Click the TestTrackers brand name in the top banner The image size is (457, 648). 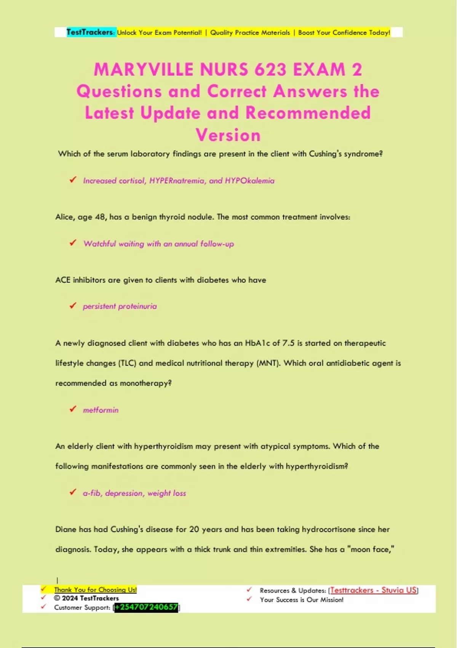(90, 32)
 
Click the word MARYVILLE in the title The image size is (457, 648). (144, 70)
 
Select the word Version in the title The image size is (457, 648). (228, 135)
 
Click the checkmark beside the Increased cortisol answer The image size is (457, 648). (73, 180)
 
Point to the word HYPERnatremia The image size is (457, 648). (177, 181)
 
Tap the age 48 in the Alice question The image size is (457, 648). (100, 217)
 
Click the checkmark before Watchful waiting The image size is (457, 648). (73, 243)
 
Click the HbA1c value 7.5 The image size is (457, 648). (288, 343)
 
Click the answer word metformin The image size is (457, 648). (101, 410)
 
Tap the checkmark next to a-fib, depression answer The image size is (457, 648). (73, 492)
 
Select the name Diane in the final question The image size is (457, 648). (66, 529)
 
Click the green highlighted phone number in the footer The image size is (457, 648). (146, 607)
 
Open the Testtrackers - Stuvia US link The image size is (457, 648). (373, 590)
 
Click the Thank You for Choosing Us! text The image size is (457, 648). (95, 590)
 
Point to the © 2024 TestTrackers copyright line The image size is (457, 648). (86, 598)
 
